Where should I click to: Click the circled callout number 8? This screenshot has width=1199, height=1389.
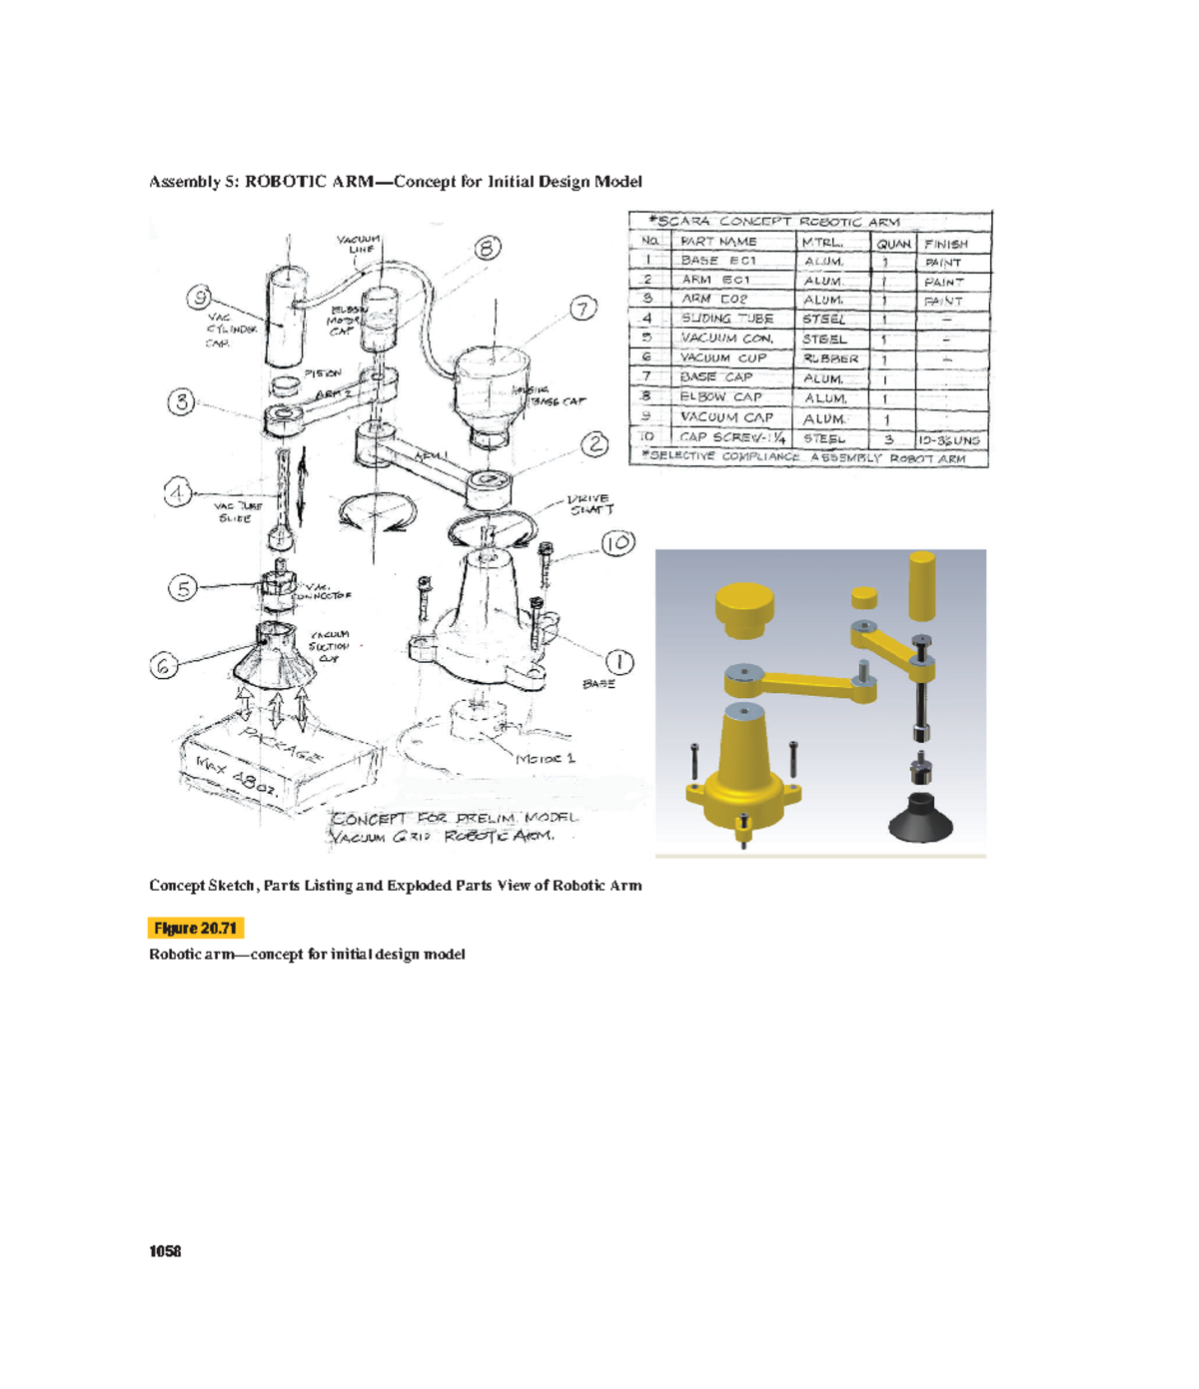click(x=488, y=248)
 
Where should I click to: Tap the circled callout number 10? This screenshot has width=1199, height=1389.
click(x=618, y=543)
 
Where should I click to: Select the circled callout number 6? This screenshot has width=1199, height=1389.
click(x=164, y=665)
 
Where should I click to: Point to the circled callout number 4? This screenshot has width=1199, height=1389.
click(x=178, y=492)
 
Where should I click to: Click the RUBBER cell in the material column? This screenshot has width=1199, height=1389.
click(x=830, y=358)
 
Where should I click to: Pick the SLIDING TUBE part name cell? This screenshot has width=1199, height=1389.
click(x=726, y=319)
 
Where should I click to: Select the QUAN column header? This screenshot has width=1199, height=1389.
click(x=894, y=243)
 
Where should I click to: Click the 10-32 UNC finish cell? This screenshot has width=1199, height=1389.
click(x=949, y=439)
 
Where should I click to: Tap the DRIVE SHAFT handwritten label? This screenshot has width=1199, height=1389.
click(x=590, y=504)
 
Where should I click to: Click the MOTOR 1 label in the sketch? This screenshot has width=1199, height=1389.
click(x=546, y=759)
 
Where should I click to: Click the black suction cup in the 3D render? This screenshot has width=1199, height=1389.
click(x=920, y=816)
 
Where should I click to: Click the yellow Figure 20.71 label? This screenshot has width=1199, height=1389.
click(x=196, y=929)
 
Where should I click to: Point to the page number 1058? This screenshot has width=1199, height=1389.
click(x=165, y=1252)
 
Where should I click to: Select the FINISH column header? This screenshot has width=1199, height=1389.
click(x=946, y=244)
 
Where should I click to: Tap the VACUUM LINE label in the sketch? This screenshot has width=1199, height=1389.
click(x=358, y=244)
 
